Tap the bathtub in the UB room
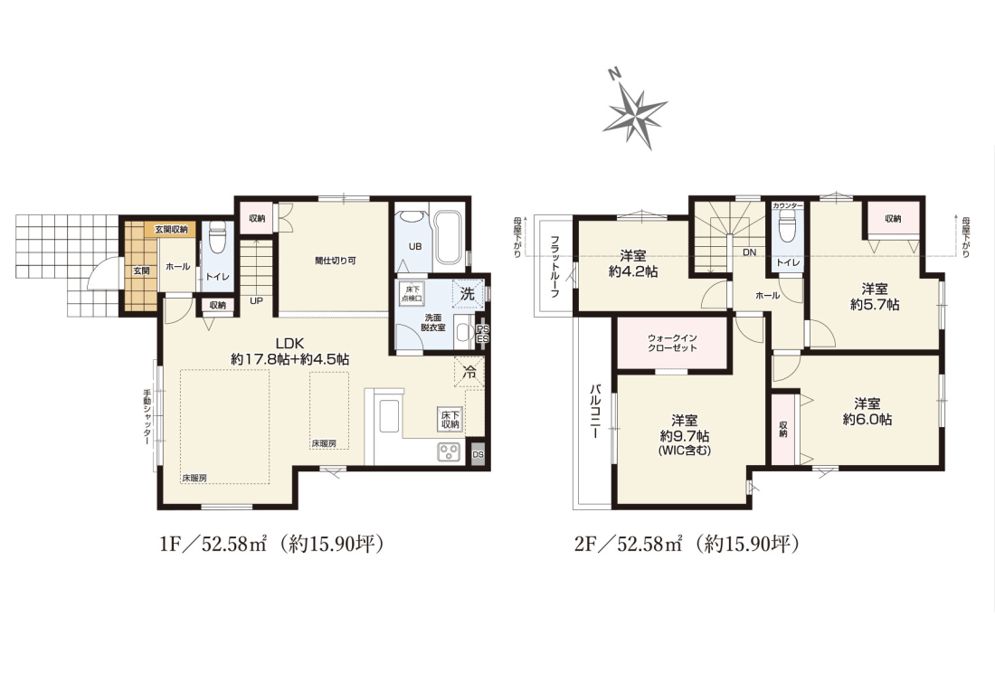pos(450,235)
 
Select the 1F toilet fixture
pos(217,237)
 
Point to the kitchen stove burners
pos(450,451)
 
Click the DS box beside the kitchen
pos(479,454)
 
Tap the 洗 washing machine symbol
pos(468,294)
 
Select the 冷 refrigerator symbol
pos(469,372)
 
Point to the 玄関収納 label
pos(171,229)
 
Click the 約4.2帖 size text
pos(633,271)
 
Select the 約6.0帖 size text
pos(867,419)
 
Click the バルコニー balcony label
pos(596,411)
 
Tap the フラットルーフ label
pos(554,267)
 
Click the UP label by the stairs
pos(256,300)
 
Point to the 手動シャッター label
pos(147,417)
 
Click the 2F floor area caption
pos(686,544)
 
